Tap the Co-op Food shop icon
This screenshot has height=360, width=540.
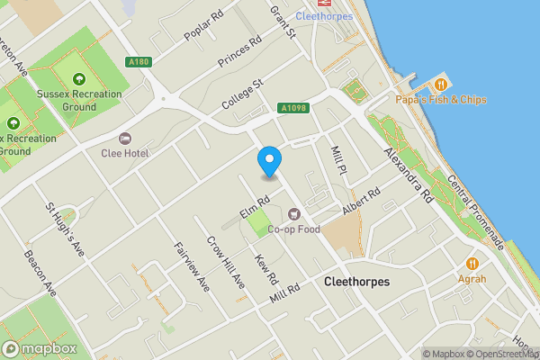click(x=294, y=214)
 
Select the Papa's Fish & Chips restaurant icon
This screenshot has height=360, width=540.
click(x=440, y=82)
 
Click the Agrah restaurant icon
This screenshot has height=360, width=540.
click(x=472, y=264)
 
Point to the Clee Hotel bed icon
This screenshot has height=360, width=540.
click(x=125, y=139)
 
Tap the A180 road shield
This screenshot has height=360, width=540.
click(x=138, y=62)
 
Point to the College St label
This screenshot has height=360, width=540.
click(x=244, y=94)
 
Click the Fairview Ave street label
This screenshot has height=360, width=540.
click(x=193, y=268)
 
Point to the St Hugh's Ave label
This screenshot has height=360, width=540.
click(x=64, y=229)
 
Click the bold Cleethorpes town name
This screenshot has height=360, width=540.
click(x=356, y=282)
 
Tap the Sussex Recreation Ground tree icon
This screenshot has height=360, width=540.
click(x=79, y=79)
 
